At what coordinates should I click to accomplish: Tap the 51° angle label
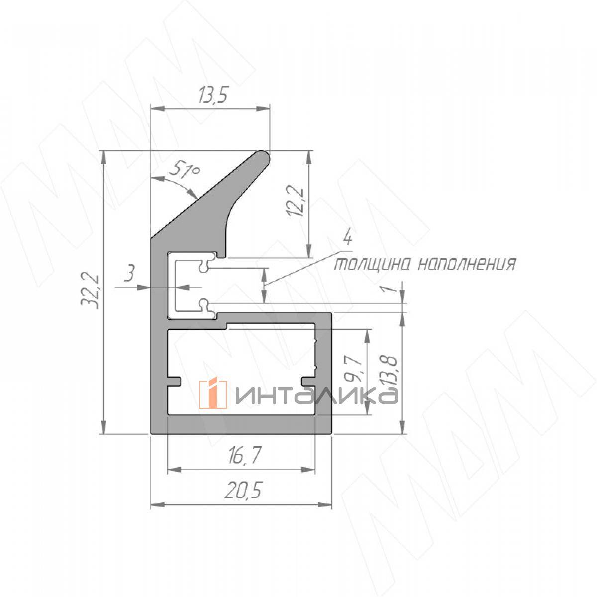coord(185,170)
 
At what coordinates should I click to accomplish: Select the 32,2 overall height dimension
coord(90,291)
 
